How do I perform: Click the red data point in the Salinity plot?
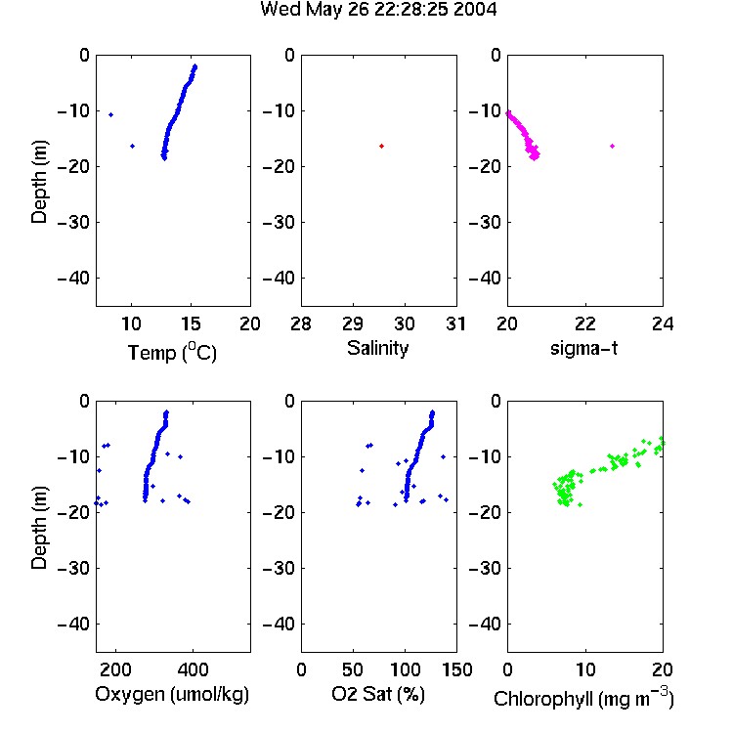pyautogui.click(x=381, y=147)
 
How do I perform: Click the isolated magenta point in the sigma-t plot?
pyautogui.click(x=612, y=147)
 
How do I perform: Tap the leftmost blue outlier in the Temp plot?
pyautogui.click(x=110, y=115)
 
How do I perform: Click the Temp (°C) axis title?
pyautogui.click(x=172, y=352)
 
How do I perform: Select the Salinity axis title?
pyautogui.click(x=377, y=348)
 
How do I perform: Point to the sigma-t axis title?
pyautogui.click(x=583, y=348)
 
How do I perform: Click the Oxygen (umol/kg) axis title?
pyautogui.click(x=172, y=694)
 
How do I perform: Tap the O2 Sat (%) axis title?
pyautogui.click(x=378, y=694)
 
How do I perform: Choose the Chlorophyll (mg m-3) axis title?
pyautogui.click(x=583, y=698)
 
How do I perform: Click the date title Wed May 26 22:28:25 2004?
pyautogui.click(x=378, y=10)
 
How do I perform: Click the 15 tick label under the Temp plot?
pyautogui.click(x=191, y=323)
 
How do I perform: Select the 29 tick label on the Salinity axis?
pyautogui.click(x=353, y=323)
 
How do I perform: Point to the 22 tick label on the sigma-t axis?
pyautogui.click(x=585, y=323)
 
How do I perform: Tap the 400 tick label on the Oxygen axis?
pyautogui.click(x=193, y=669)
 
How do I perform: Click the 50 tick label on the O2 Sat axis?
pyautogui.click(x=353, y=669)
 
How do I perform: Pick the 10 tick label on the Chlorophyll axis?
pyautogui.click(x=585, y=669)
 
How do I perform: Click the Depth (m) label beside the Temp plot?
pyautogui.click(x=39, y=182)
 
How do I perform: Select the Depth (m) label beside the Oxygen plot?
pyautogui.click(x=39, y=528)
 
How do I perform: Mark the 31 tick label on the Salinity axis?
pyautogui.click(x=455, y=323)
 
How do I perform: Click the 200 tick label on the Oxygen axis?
pyautogui.click(x=115, y=669)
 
